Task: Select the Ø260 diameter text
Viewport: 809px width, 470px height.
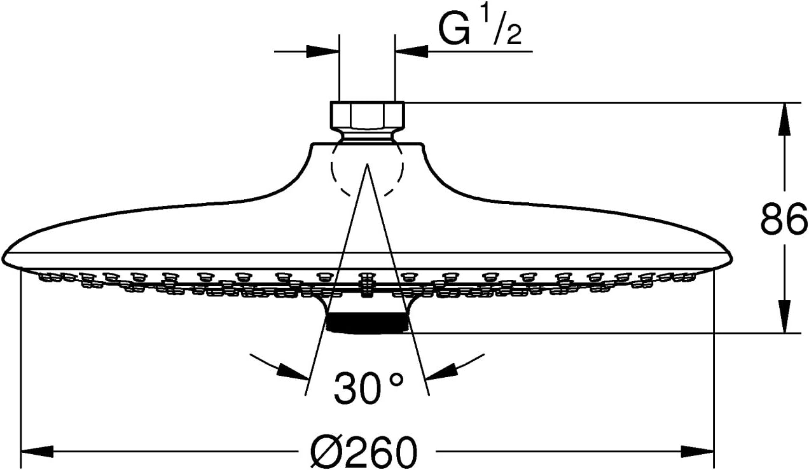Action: pyautogui.click(x=365, y=453)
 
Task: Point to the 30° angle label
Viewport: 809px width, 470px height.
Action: pyautogui.click(x=369, y=388)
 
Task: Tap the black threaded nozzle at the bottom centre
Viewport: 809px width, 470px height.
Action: pyautogui.click(x=366, y=322)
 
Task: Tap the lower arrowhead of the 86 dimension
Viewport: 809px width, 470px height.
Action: pyautogui.click(x=784, y=318)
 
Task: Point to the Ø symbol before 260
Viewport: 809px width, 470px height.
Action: pyautogui.click(x=324, y=453)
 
